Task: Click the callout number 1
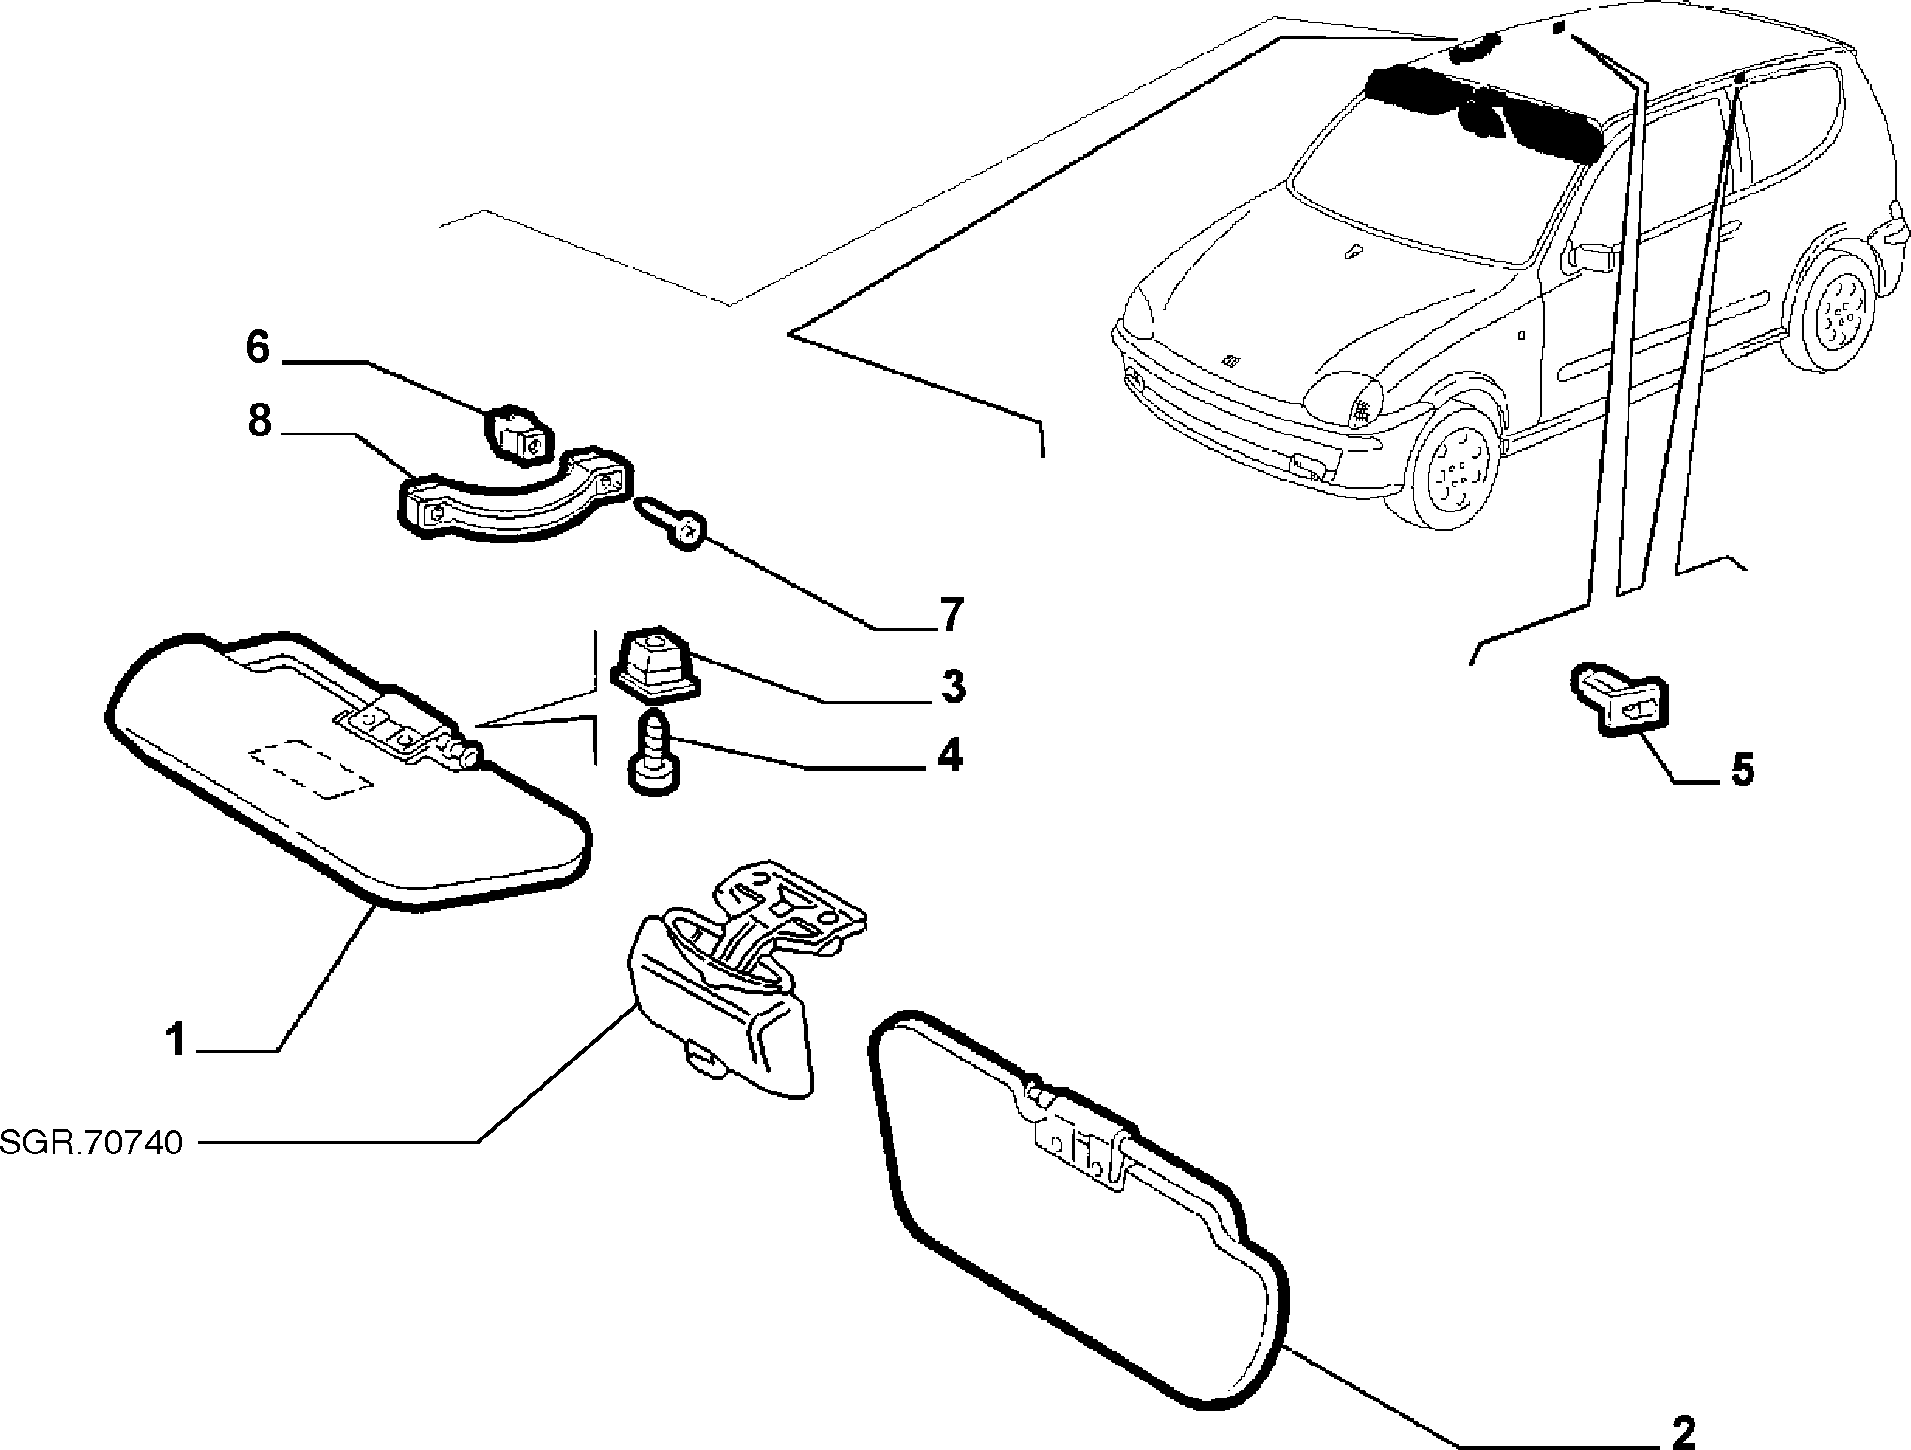(x=176, y=1041)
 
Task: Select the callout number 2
(x=1685, y=1433)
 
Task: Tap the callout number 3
(x=952, y=686)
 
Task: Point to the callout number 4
(x=950, y=755)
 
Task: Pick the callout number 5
(x=1742, y=770)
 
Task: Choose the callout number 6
(x=257, y=348)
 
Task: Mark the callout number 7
(x=951, y=615)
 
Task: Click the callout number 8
(x=260, y=420)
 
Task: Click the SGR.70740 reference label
(x=91, y=1143)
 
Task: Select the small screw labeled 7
(x=672, y=524)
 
